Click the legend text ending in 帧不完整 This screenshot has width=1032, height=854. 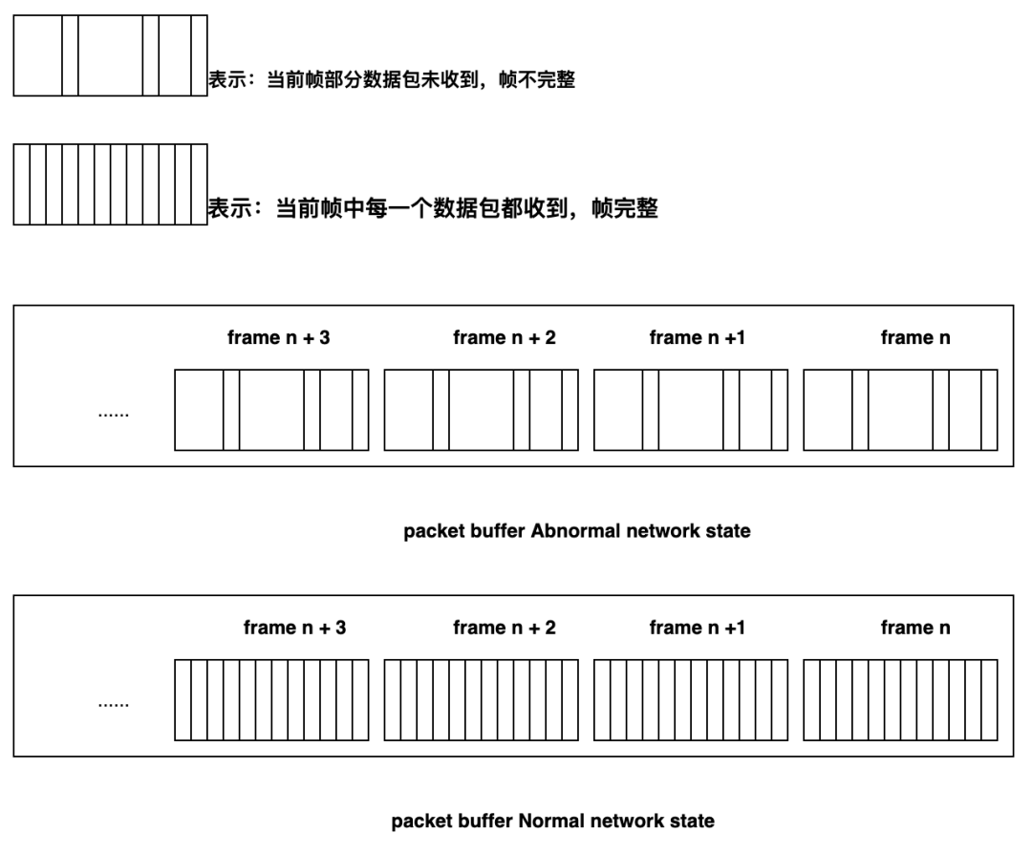tap(392, 79)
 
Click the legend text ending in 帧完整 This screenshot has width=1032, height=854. tap(433, 208)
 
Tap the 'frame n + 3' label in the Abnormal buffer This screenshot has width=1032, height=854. tap(278, 337)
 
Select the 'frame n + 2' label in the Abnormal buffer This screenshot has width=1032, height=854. tap(505, 337)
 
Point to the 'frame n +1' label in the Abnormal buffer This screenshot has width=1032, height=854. tap(697, 337)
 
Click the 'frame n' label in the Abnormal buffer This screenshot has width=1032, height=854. tap(915, 337)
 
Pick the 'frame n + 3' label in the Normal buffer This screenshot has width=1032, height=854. tap(294, 628)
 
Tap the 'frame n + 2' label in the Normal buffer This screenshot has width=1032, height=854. tap(505, 628)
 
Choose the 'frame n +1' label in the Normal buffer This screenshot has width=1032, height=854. tap(697, 628)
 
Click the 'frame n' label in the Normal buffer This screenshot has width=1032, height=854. tap(915, 628)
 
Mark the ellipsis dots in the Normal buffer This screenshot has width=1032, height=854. tap(113, 705)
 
